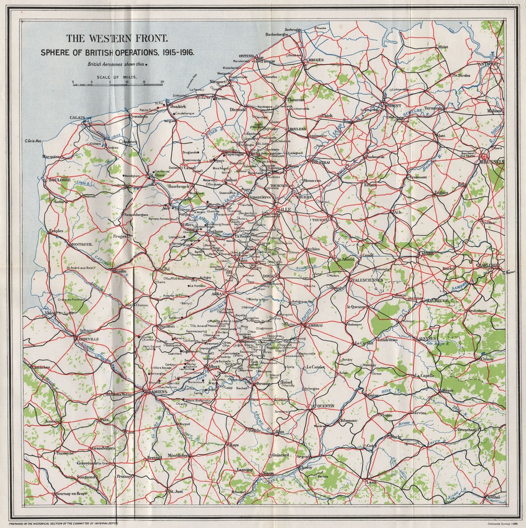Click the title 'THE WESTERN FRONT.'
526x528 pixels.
[x=117, y=38]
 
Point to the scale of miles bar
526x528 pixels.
[x=118, y=84]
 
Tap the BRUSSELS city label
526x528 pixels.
[x=492, y=162]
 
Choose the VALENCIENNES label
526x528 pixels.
[x=368, y=280]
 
